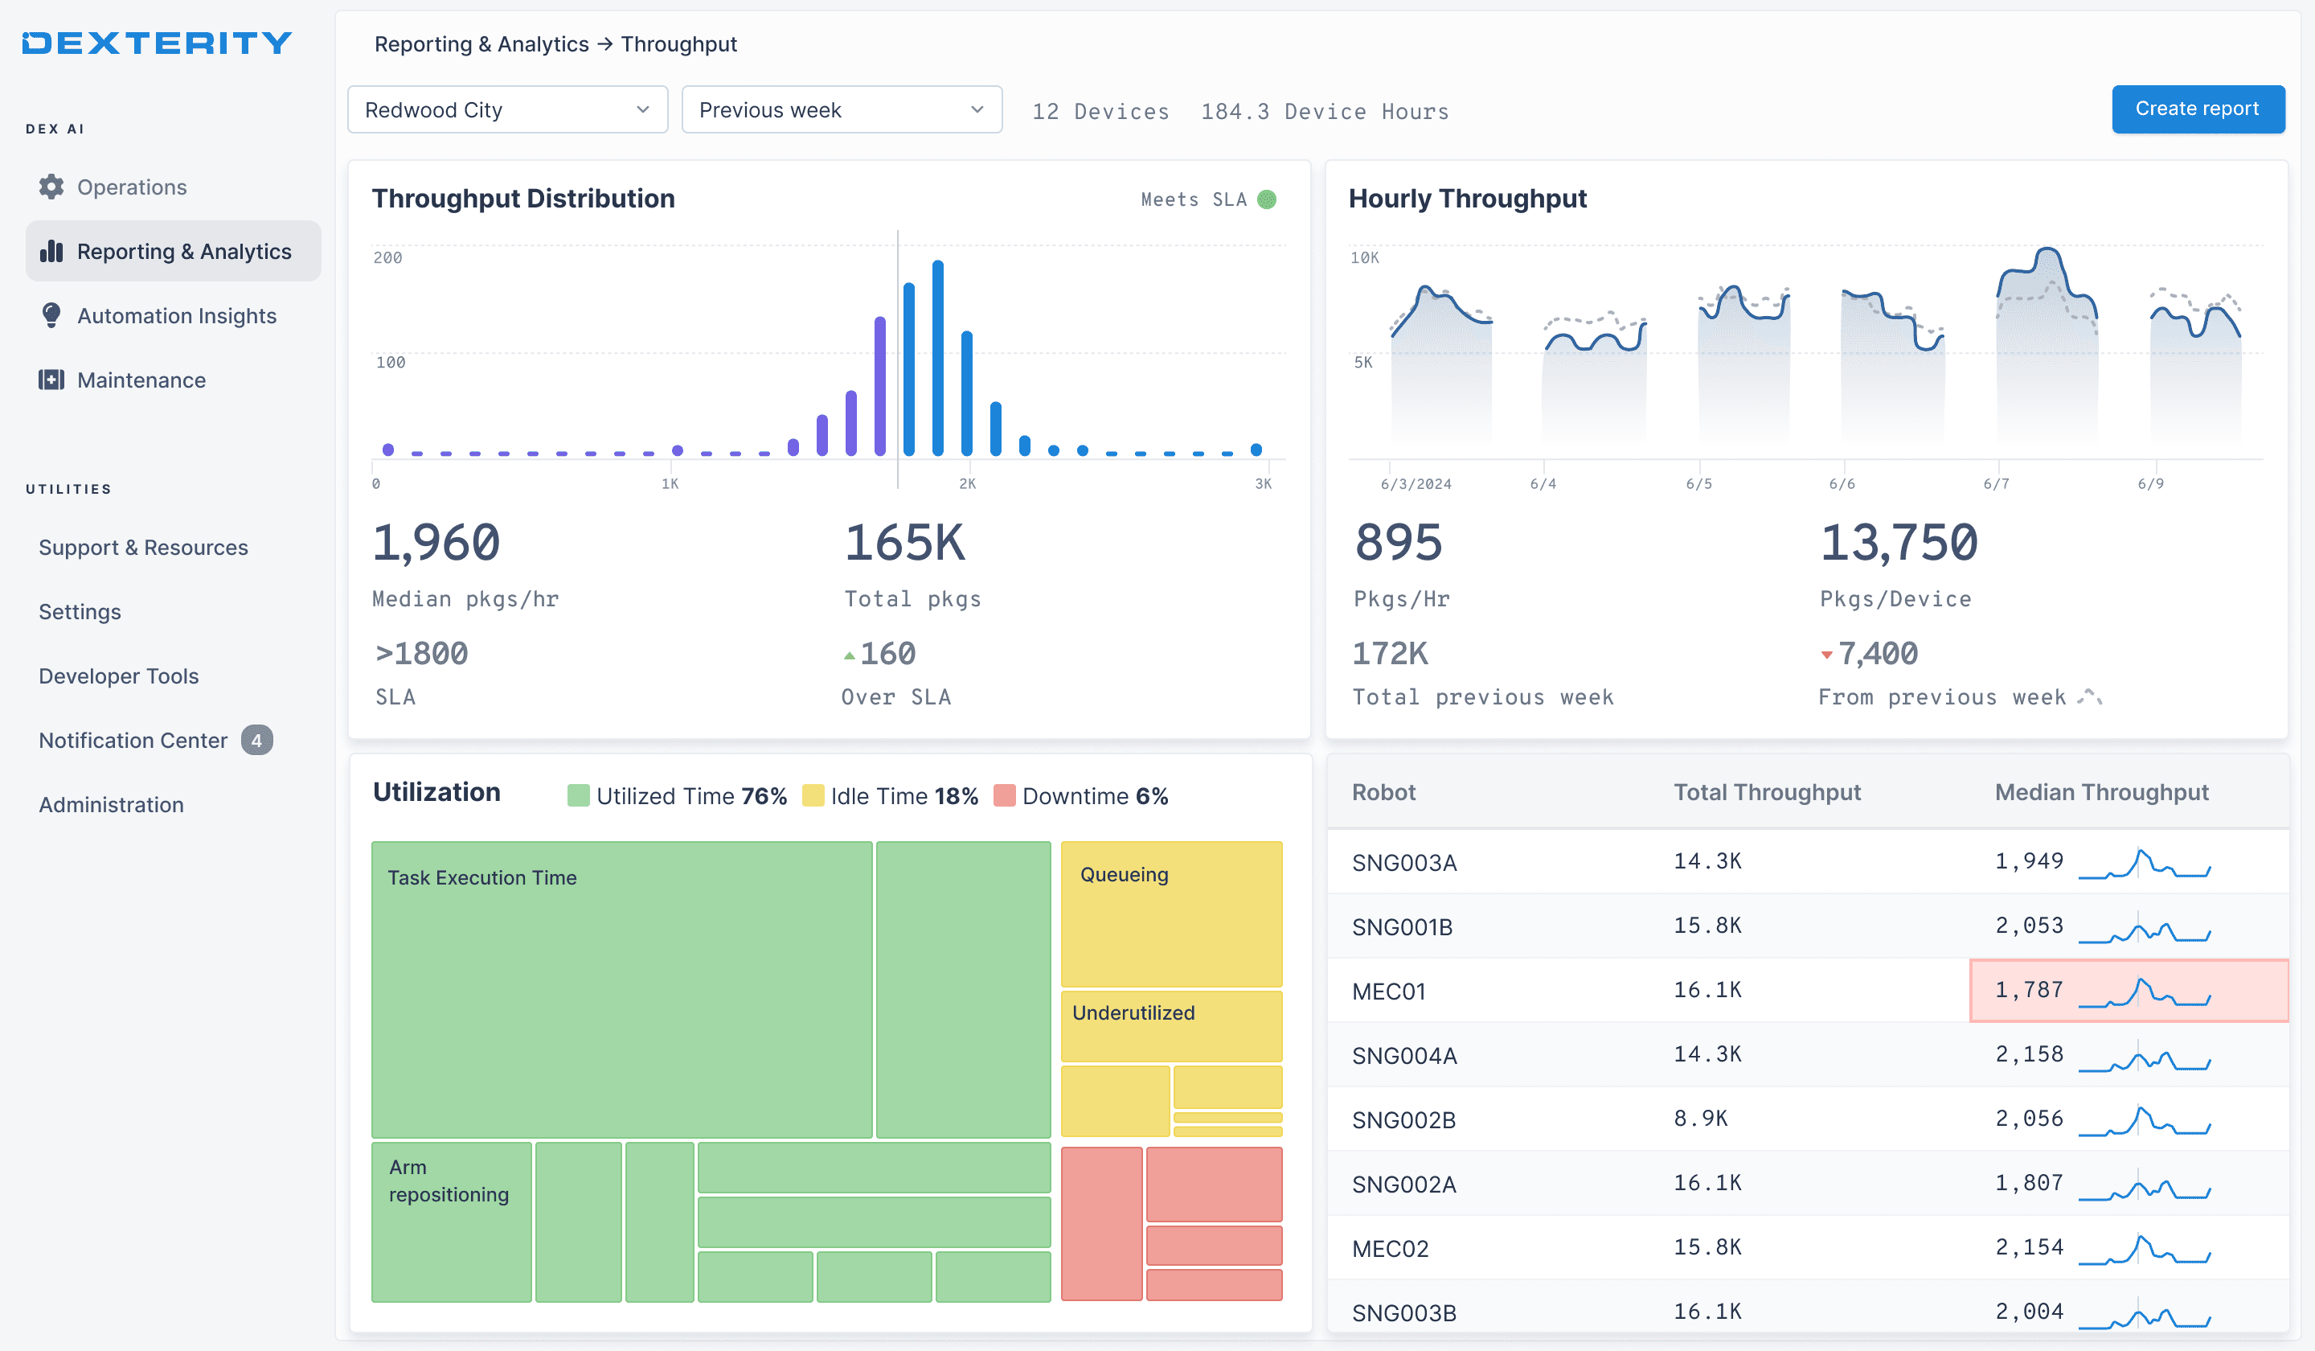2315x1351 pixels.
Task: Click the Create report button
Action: pyautogui.click(x=2198, y=109)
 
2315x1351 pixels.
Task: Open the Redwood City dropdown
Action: pyautogui.click(x=507, y=110)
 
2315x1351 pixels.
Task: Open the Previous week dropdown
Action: pyautogui.click(x=842, y=110)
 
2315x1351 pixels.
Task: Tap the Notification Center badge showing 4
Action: pyautogui.click(x=256, y=740)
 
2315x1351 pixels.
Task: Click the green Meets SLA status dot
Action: pyautogui.click(x=1266, y=199)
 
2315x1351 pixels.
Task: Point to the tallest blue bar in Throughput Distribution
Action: pyautogui.click(x=937, y=358)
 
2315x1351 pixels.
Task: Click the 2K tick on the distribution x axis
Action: pyautogui.click(x=966, y=483)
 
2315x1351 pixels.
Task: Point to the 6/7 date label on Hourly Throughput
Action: pyautogui.click(x=1995, y=483)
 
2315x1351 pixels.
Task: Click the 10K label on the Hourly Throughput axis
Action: pyautogui.click(x=1364, y=257)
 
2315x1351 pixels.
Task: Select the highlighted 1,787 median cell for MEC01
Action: pyautogui.click(x=2129, y=990)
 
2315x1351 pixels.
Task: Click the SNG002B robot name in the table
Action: pyautogui.click(x=1403, y=1119)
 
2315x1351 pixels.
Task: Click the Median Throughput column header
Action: pyautogui.click(x=2101, y=792)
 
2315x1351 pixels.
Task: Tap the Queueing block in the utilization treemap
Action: pyautogui.click(x=1171, y=914)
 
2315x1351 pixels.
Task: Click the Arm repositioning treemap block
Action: pyautogui.click(x=451, y=1222)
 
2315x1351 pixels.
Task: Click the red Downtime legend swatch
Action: pyautogui.click(x=1004, y=796)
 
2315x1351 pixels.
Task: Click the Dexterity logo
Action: pyautogui.click(x=157, y=43)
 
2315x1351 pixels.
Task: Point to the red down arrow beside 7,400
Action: pyautogui.click(x=1826, y=655)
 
